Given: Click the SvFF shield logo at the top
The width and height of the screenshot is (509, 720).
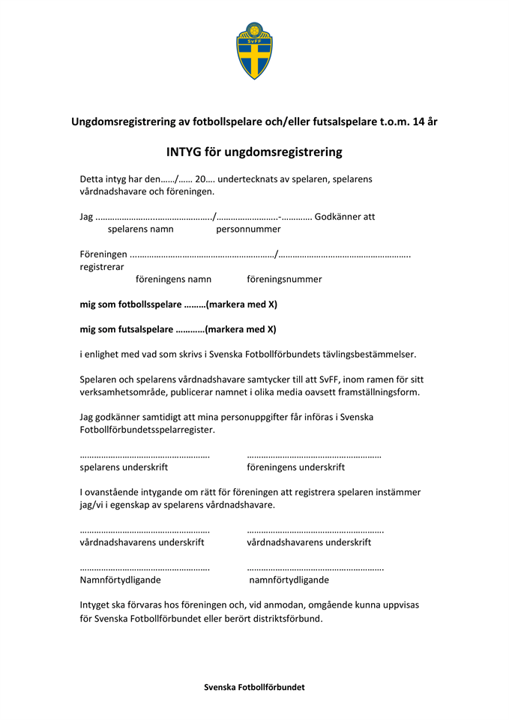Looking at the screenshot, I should (x=254, y=50).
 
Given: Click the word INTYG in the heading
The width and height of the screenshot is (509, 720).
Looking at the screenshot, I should (x=185, y=151).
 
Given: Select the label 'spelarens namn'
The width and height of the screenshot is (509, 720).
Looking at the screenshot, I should (x=140, y=229).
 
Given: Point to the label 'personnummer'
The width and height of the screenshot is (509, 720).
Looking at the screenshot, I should (x=248, y=229).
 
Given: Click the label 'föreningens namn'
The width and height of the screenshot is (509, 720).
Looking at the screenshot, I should (x=173, y=279).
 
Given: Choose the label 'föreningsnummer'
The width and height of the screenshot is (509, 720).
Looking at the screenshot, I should (x=284, y=279).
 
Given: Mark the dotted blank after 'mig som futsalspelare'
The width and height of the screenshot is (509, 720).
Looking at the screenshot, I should (x=190, y=328).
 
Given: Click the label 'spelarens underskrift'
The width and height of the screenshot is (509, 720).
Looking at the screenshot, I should (x=124, y=466).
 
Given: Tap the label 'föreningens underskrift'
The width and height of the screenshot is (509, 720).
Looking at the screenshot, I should (x=295, y=466).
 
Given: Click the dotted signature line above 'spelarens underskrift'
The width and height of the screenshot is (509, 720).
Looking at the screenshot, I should (x=144, y=455).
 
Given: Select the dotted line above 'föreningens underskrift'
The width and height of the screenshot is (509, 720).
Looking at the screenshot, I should (x=313, y=455).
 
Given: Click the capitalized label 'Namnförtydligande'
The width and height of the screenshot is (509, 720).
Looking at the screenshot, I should (x=120, y=580).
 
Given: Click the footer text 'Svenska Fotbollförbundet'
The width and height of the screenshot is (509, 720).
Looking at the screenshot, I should (x=254, y=687).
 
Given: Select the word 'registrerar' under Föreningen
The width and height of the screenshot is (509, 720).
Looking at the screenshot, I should (x=102, y=266).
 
